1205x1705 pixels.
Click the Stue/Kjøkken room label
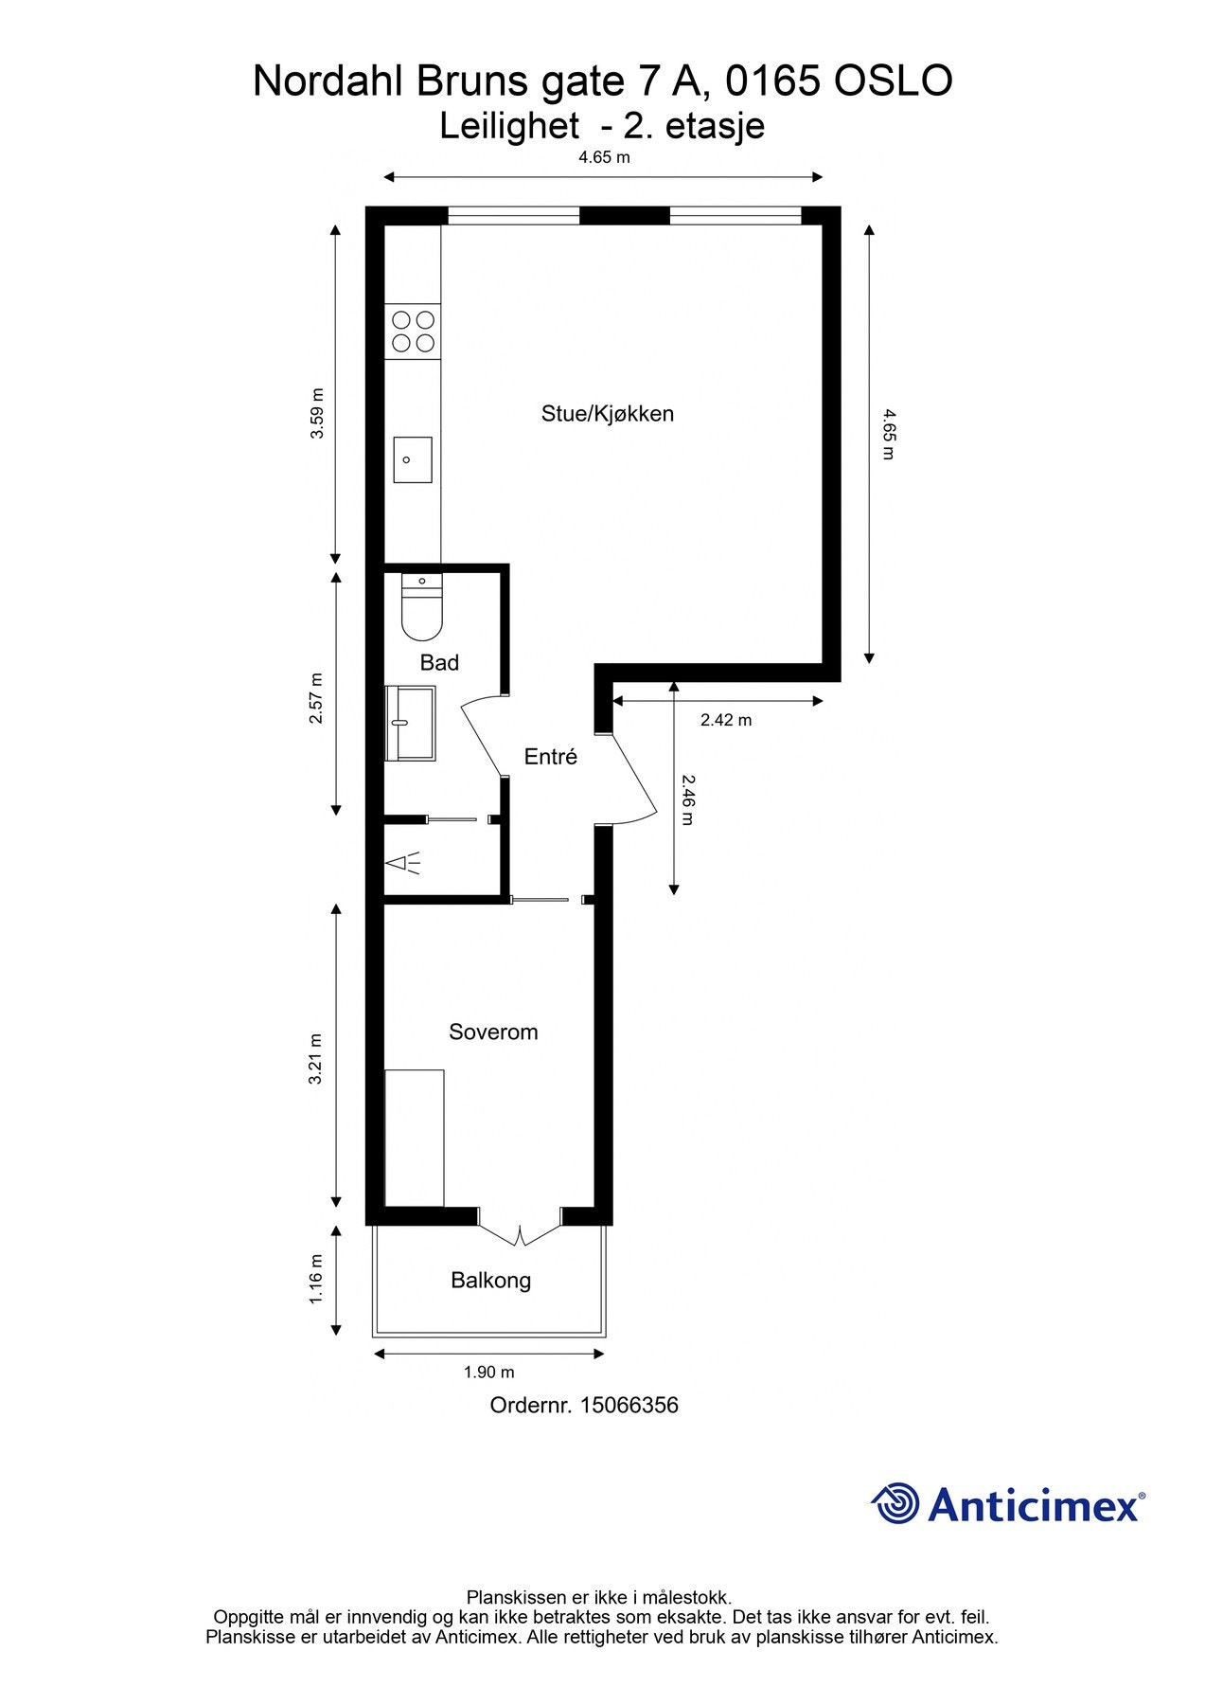point(607,414)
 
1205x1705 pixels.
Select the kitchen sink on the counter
point(413,459)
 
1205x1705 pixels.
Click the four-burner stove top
point(414,332)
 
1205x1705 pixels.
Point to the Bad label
point(439,663)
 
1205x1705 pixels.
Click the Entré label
point(550,757)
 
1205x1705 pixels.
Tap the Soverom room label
point(493,1032)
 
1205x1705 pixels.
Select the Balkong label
point(490,1281)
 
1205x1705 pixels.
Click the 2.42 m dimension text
point(726,721)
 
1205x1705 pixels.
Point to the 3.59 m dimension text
point(318,413)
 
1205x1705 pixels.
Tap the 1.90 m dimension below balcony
point(488,1373)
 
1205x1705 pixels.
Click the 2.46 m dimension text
point(688,799)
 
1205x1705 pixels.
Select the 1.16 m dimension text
point(317,1279)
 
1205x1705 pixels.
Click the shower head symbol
point(402,863)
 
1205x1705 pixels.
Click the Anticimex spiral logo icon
point(895,1503)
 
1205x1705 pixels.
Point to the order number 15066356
point(629,1406)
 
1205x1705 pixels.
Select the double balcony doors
point(520,1228)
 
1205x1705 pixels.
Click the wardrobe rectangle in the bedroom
point(415,1138)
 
